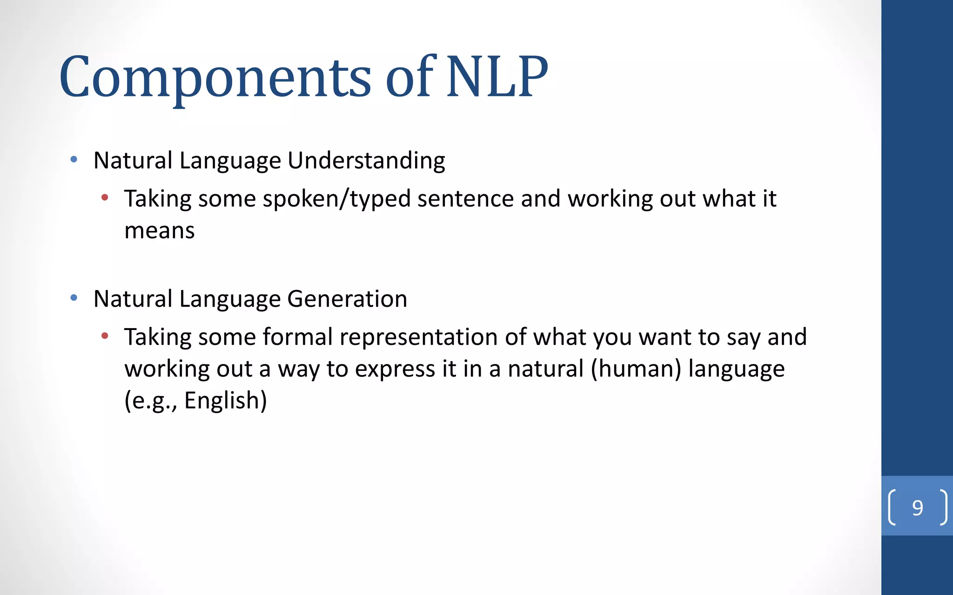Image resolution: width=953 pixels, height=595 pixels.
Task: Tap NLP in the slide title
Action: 497,77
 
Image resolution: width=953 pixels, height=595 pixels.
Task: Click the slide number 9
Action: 917,508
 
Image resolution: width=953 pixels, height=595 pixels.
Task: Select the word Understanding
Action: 366,161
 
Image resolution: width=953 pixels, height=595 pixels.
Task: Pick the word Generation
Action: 347,299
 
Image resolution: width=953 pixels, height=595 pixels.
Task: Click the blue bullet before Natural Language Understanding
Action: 74,160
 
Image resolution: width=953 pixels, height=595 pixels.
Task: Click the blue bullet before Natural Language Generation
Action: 74,298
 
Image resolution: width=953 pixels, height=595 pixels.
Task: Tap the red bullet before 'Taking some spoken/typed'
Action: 105,198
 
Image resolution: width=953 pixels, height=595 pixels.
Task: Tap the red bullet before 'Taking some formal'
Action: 105,336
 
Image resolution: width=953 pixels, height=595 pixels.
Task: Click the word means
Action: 159,231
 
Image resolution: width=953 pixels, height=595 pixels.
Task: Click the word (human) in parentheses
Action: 636,369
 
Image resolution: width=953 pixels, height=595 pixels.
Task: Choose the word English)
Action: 226,401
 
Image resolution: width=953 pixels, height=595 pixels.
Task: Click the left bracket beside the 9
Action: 892,508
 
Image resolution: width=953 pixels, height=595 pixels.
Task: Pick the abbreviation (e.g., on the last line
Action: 150,401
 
